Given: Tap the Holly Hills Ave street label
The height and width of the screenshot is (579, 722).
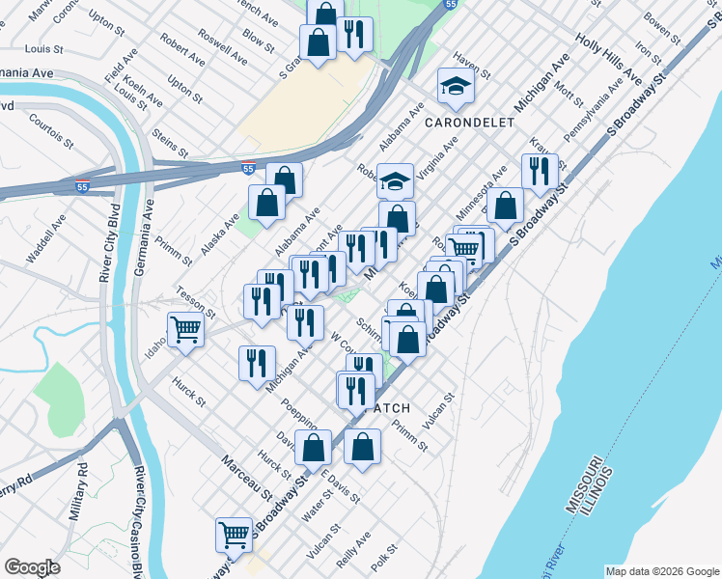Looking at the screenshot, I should [608, 59].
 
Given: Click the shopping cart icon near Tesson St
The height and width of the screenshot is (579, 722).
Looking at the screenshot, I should [185, 329].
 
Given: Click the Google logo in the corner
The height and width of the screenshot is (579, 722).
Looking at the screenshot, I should [32, 567].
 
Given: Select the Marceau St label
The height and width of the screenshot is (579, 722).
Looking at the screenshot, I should [247, 477].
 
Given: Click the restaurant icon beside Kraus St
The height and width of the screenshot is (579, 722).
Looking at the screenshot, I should [539, 172].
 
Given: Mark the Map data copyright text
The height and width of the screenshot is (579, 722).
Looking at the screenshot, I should [661, 571].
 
